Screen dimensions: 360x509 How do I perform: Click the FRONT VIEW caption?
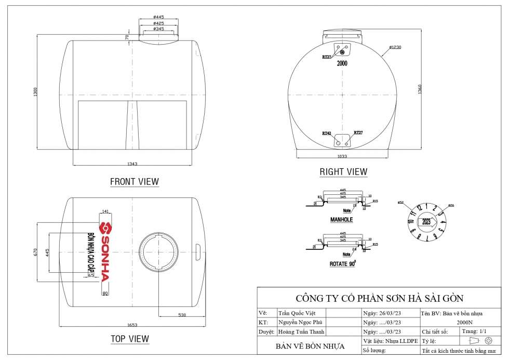coord(135,182)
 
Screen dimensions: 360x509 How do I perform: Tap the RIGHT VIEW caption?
coord(343,171)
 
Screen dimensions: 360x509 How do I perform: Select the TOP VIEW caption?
coord(130,339)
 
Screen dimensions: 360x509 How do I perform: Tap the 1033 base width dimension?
coord(342,156)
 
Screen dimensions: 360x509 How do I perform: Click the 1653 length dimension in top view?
coord(132,325)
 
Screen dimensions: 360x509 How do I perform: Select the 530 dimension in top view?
coord(182,315)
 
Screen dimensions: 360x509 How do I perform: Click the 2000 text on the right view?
coord(342,63)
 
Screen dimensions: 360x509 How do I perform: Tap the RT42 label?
coord(326,133)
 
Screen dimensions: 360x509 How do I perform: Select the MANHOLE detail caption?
coord(341,220)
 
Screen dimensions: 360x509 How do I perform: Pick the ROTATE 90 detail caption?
coord(342,264)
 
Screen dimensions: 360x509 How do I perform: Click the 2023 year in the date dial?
coord(426,222)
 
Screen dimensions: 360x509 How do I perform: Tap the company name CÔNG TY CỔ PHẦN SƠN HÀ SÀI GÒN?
coord(379,298)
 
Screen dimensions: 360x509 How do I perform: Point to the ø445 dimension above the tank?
coord(159,17)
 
